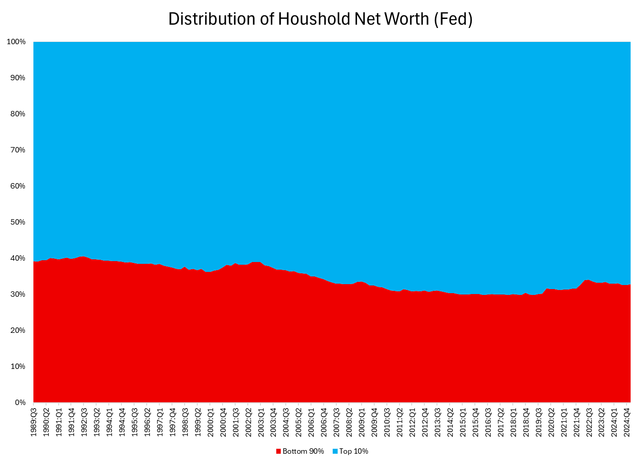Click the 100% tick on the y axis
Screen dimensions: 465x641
(16, 42)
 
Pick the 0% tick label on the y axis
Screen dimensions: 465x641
(20, 402)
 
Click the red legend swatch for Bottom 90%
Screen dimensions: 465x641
(279, 451)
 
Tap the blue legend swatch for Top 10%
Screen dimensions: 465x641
(335, 451)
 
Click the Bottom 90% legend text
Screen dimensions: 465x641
(303, 451)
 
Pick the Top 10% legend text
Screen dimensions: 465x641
(353, 451)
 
